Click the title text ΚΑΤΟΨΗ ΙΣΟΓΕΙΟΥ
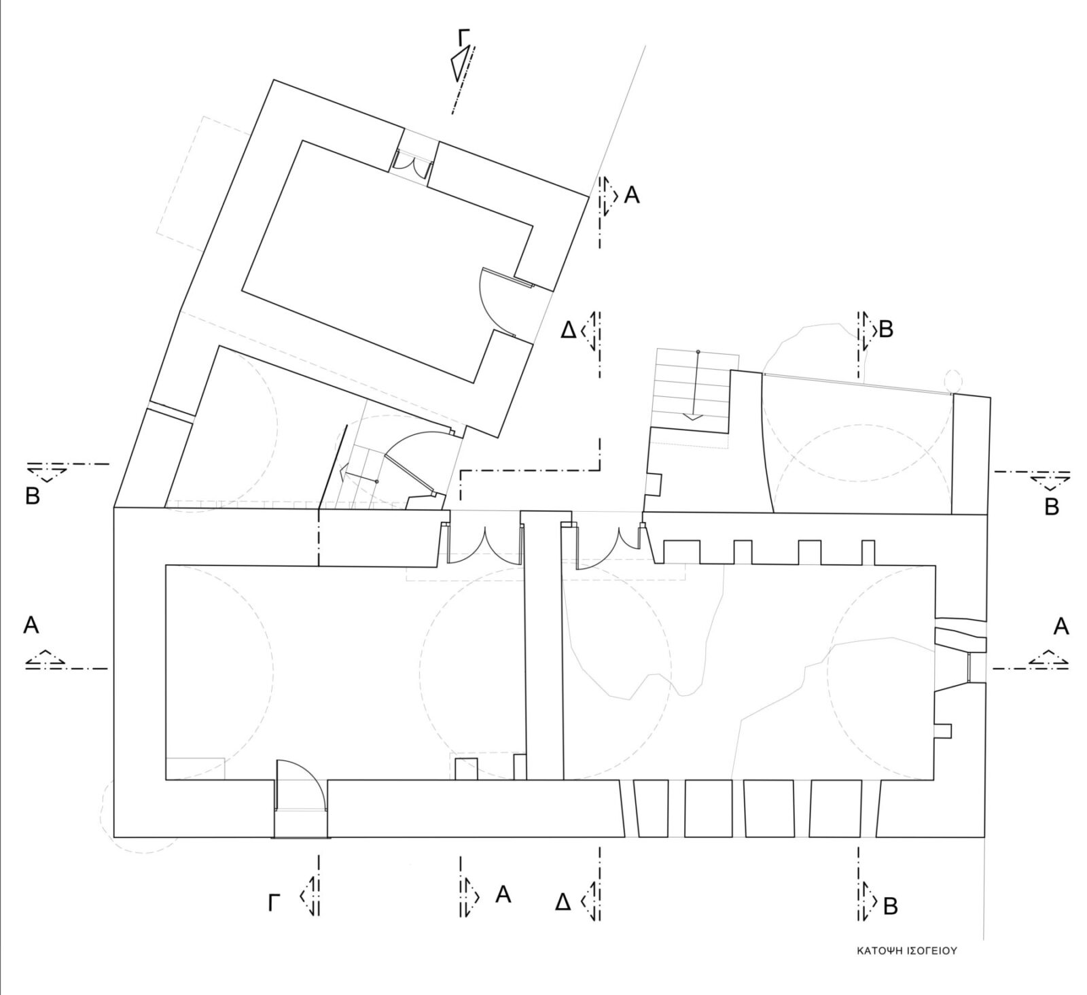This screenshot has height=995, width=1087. [906, 951]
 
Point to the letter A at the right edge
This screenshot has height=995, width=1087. [1061, 627]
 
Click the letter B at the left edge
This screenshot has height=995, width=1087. [33, 495]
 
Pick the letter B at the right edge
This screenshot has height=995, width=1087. [1051, 507]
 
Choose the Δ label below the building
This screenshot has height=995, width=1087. [563, 903]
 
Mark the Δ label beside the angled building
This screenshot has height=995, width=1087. [568, 330]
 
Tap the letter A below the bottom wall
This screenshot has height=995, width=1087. [503, 894]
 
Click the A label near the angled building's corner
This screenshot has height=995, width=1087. [631, 196]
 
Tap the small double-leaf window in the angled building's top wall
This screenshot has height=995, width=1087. [413, 162]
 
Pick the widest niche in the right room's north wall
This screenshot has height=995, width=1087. [681, 551]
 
